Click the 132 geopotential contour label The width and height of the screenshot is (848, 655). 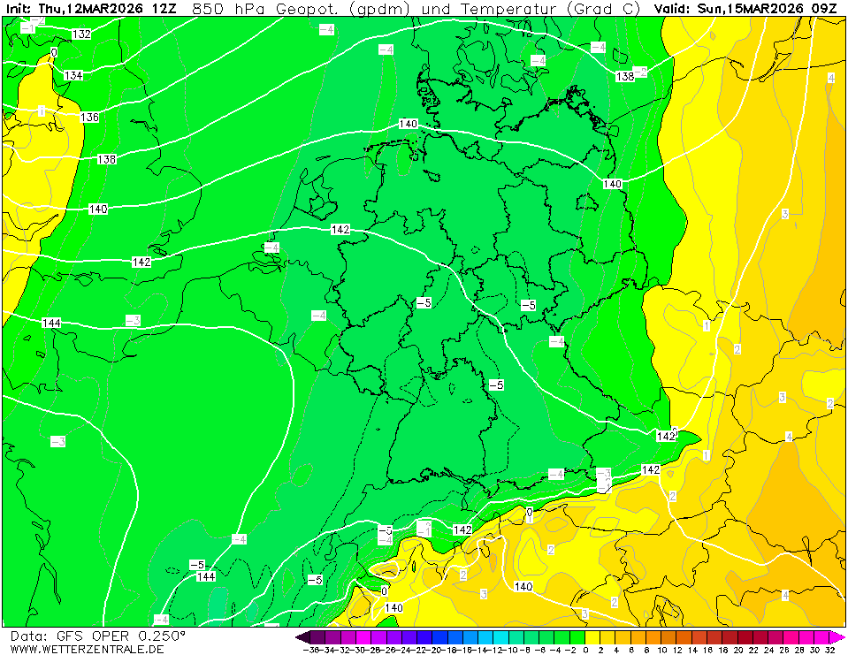coord(82,34)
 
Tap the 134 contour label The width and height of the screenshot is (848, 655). coord(73,76)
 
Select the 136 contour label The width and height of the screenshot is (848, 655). coord(89,118)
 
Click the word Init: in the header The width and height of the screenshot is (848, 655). coord(19,8)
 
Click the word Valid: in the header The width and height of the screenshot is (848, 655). coord(675,8)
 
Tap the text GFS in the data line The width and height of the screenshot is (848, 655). coord(69,636)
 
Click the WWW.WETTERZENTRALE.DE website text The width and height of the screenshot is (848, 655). coord(87,649)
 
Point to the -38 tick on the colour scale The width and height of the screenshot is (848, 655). coord(311,650)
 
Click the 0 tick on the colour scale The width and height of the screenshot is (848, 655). coord(585,650)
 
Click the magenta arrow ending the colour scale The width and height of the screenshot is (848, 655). coord(840,637)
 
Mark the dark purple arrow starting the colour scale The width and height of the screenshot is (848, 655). coord(302,637)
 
